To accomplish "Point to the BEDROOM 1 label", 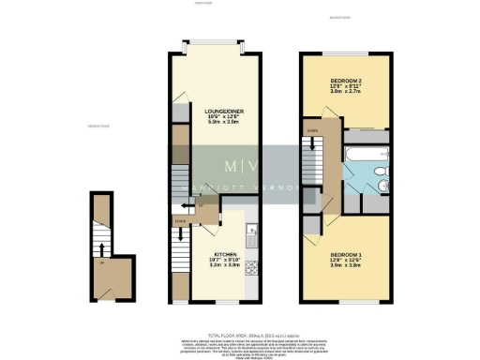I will point(344,254).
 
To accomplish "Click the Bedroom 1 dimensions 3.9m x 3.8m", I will point(344,266).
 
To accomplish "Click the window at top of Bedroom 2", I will point(344,52).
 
